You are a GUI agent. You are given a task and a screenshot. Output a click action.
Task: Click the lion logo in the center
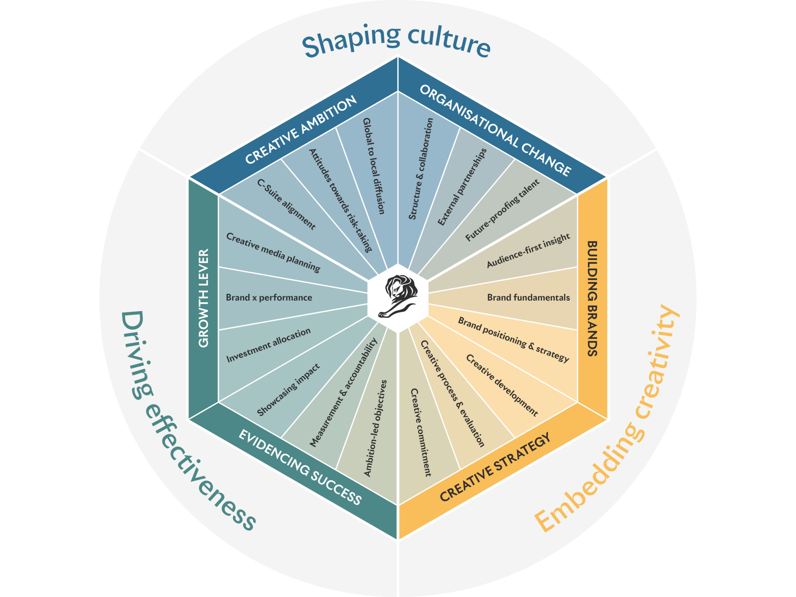[x=398, y=297]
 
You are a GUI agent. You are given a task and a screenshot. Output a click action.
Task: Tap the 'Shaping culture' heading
[x=396, y=42]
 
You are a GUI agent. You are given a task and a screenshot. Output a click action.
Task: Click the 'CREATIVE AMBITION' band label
[x=301, y=130]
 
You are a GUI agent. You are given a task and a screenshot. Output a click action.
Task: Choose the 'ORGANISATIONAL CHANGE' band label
[x=496, y=130]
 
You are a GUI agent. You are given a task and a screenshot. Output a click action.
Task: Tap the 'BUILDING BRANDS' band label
[x=593, y=298]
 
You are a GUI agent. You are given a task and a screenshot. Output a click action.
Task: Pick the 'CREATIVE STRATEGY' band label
[x=496, y=467]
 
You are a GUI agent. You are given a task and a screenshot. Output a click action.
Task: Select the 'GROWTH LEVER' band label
[x=203, y=298]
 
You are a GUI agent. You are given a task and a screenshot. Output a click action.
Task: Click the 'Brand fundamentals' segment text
[x=528, y=298]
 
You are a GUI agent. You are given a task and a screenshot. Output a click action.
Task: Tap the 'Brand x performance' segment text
[x=269, y=298]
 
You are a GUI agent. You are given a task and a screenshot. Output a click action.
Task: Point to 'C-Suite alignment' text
[x=286, y=204]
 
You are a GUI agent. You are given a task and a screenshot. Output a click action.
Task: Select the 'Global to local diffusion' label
[x=374, y=166]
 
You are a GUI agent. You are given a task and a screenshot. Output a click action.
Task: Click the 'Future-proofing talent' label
[x=502, y=210]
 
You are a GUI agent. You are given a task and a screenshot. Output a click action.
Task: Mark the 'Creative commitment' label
[x=421, y=432]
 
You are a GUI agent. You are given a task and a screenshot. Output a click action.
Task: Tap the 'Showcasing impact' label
[x=288, y=390]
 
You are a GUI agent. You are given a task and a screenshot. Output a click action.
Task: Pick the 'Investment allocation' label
[x=268, y=345]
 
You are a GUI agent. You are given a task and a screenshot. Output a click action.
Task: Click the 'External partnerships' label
[x=462, y=187]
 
